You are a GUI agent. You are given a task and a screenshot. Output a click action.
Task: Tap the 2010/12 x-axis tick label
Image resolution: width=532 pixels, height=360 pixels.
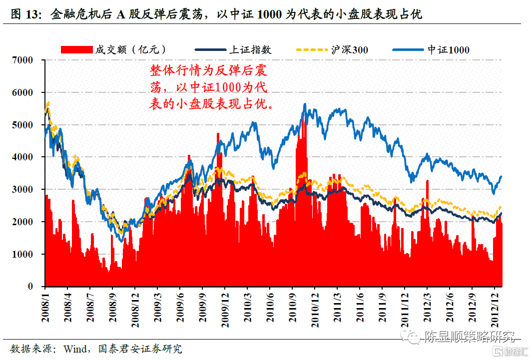click(315, 310)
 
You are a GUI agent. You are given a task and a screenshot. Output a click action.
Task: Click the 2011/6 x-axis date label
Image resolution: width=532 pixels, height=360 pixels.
click(360, 308)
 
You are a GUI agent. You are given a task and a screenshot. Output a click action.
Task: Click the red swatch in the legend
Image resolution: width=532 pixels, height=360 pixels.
click(77, 49)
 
